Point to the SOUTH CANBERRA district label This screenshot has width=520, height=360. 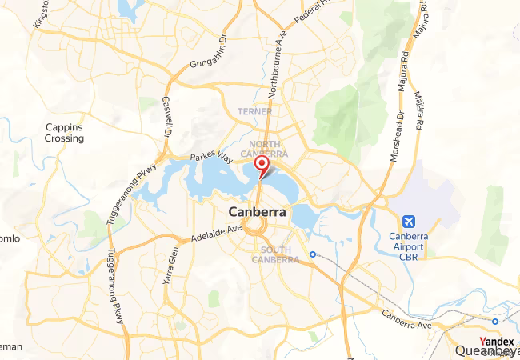275,254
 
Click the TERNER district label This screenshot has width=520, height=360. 255,110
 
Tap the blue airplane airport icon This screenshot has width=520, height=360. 410,221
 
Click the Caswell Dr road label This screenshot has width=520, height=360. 168,116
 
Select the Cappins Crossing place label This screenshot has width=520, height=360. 64,133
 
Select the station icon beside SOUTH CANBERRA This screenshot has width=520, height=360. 313,254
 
